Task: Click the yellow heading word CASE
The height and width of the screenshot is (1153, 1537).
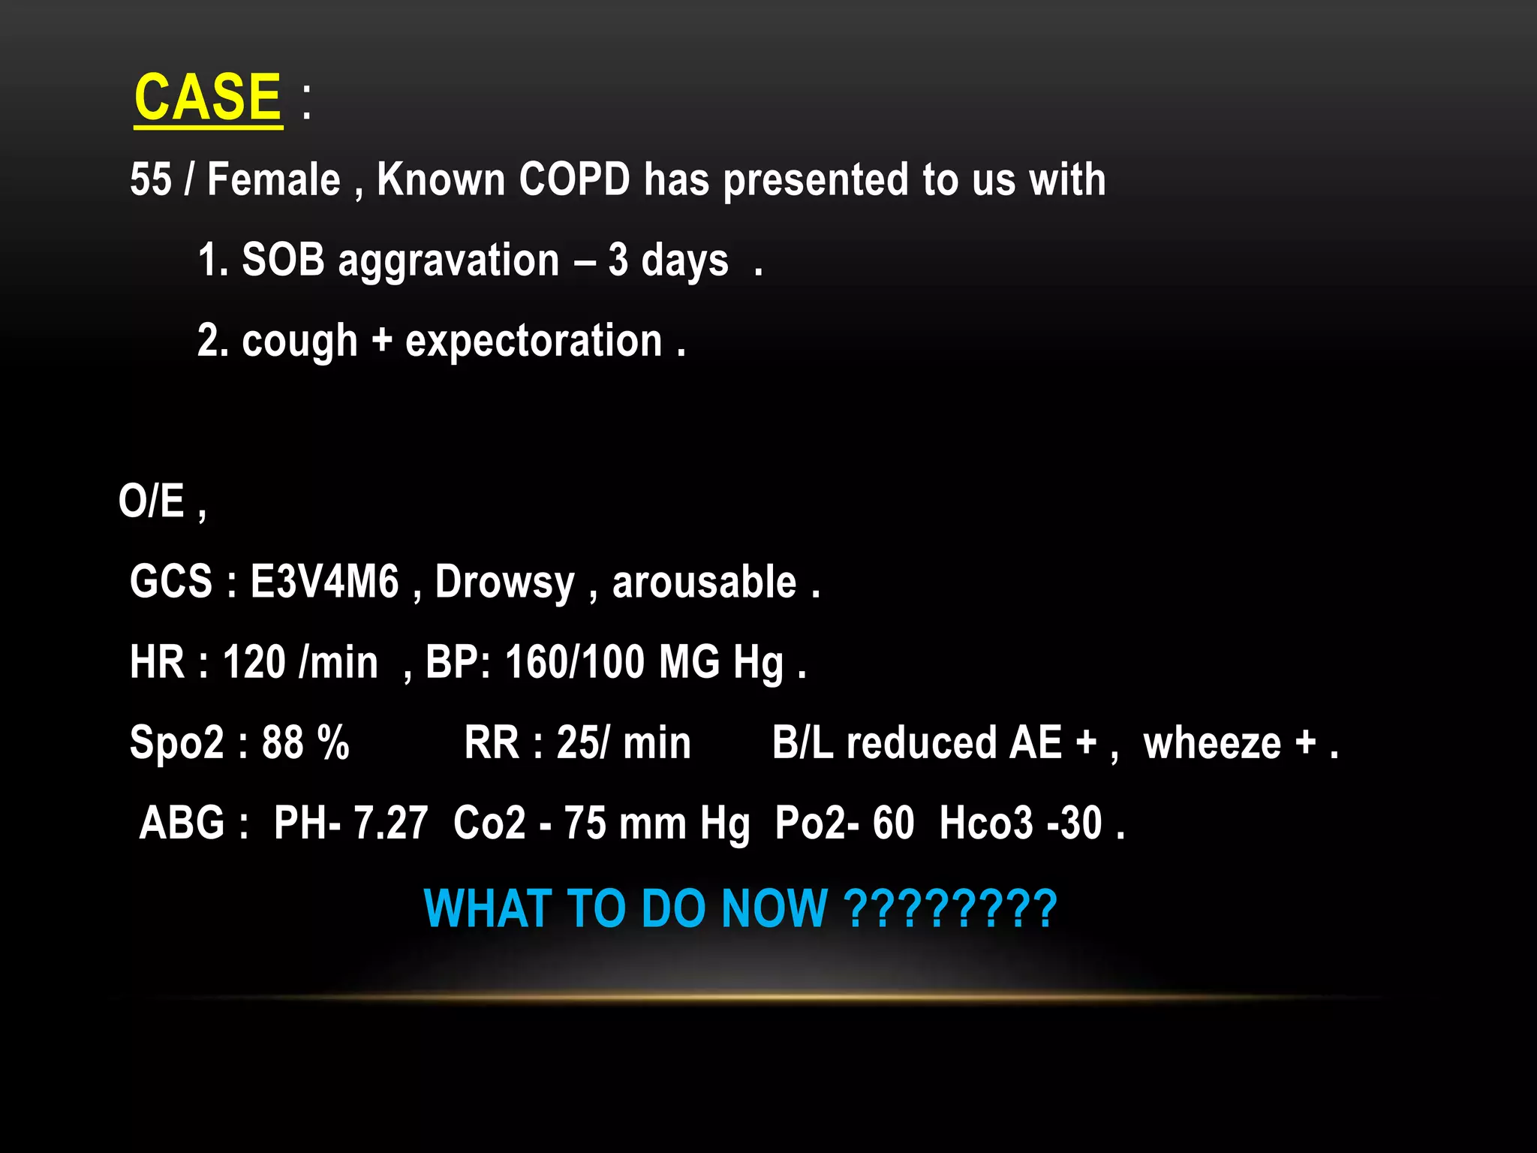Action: pos(208,98)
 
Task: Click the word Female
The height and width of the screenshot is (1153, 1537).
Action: pos(273,180)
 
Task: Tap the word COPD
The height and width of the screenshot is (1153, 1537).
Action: pos(574,180)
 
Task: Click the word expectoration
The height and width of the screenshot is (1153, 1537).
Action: pos(534,342)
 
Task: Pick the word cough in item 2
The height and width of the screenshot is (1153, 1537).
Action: pos(299,342)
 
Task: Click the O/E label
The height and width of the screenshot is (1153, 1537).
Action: pos(152,501)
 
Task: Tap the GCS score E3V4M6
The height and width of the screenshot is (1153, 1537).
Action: pos(324,582)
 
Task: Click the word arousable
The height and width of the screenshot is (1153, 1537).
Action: pos(704,582)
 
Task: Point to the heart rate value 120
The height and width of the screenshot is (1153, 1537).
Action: pos(254,662)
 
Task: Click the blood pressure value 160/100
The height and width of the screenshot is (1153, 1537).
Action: pos(575,662)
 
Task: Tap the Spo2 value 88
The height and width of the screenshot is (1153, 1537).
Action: pos(282,742)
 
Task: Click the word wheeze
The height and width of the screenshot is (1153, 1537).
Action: pos(1212,743)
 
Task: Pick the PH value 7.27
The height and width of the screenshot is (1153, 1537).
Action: pos(390,823)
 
